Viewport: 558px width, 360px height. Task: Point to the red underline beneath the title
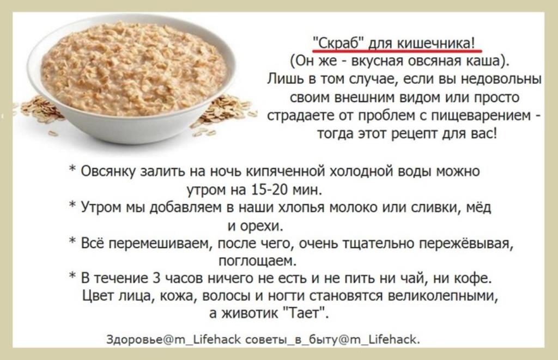(397, 51)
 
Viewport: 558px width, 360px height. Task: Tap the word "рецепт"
(415, 135)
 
